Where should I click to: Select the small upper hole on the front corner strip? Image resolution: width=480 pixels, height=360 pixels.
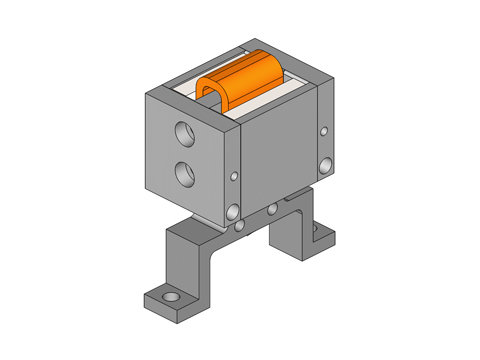pos(234,176)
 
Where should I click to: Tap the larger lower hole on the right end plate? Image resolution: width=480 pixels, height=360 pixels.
pos(323,163)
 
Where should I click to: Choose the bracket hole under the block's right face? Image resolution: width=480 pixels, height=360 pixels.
pos(272,210)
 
